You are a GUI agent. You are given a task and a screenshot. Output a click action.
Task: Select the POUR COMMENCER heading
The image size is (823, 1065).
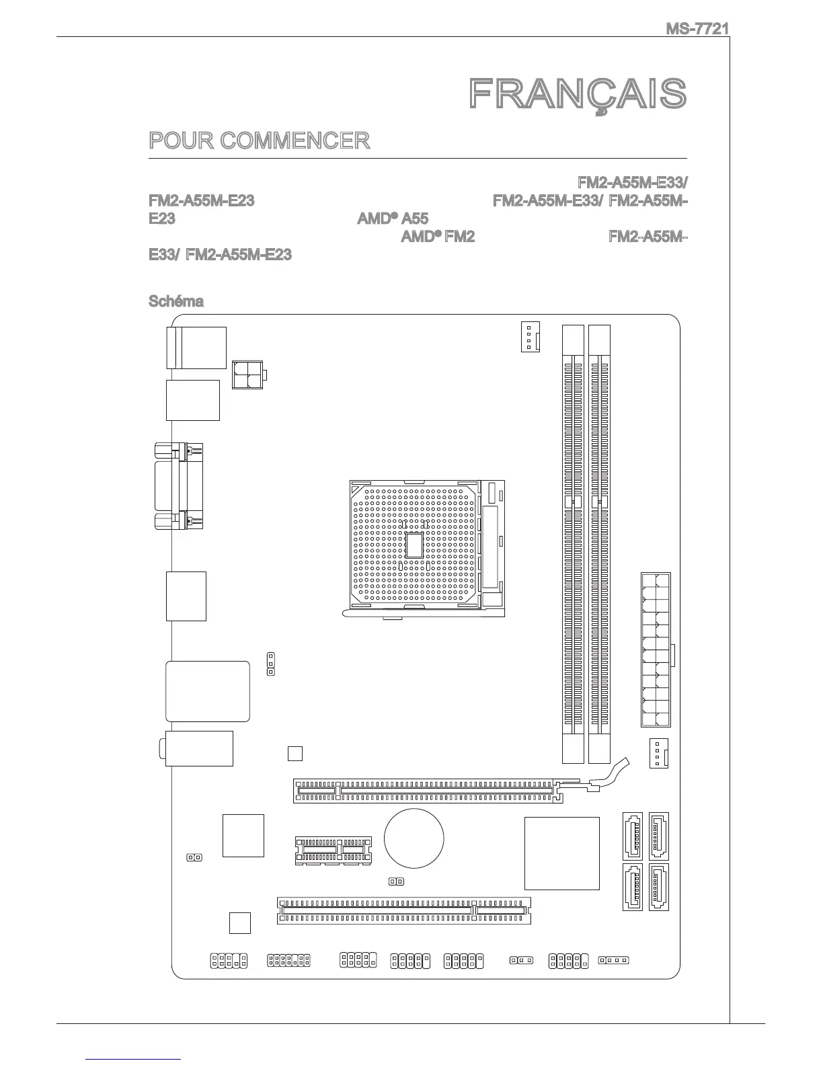pyautogui.click(x=259, y=141)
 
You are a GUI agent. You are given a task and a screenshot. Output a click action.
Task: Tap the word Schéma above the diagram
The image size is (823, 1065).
pyautogui.click(x=175, y=301)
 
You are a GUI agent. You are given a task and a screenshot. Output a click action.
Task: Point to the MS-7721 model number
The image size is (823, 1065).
pyautogui.click(x=697, y=29)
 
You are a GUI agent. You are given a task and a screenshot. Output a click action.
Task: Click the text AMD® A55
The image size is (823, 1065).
pyautogui.click(x=391, y=219)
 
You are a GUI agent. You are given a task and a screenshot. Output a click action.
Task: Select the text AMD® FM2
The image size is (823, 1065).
pyautogui.click(x=438, y=237)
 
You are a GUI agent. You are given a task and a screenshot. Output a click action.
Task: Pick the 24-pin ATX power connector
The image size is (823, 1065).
pyautogui.click(x=656, y=649)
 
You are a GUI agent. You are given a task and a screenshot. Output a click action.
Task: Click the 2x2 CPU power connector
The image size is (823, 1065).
pyautogui.click(x=247, y=374)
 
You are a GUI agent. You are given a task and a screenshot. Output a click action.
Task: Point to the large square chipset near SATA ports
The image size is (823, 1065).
pyautogui.click(x=561, y=853)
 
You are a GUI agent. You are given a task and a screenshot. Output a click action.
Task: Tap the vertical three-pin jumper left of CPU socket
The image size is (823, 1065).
pyautogui.click(x=270, y=663)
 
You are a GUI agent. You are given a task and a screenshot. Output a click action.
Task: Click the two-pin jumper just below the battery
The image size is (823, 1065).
pyautogui.click(x=396, y=881)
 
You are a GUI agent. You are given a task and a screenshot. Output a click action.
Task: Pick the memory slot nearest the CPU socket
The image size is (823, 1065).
pyautogui.click(x=573, y=545)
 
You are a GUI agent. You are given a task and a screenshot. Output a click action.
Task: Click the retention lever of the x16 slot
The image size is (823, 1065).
pyautogui.click(x=609, y=775)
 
